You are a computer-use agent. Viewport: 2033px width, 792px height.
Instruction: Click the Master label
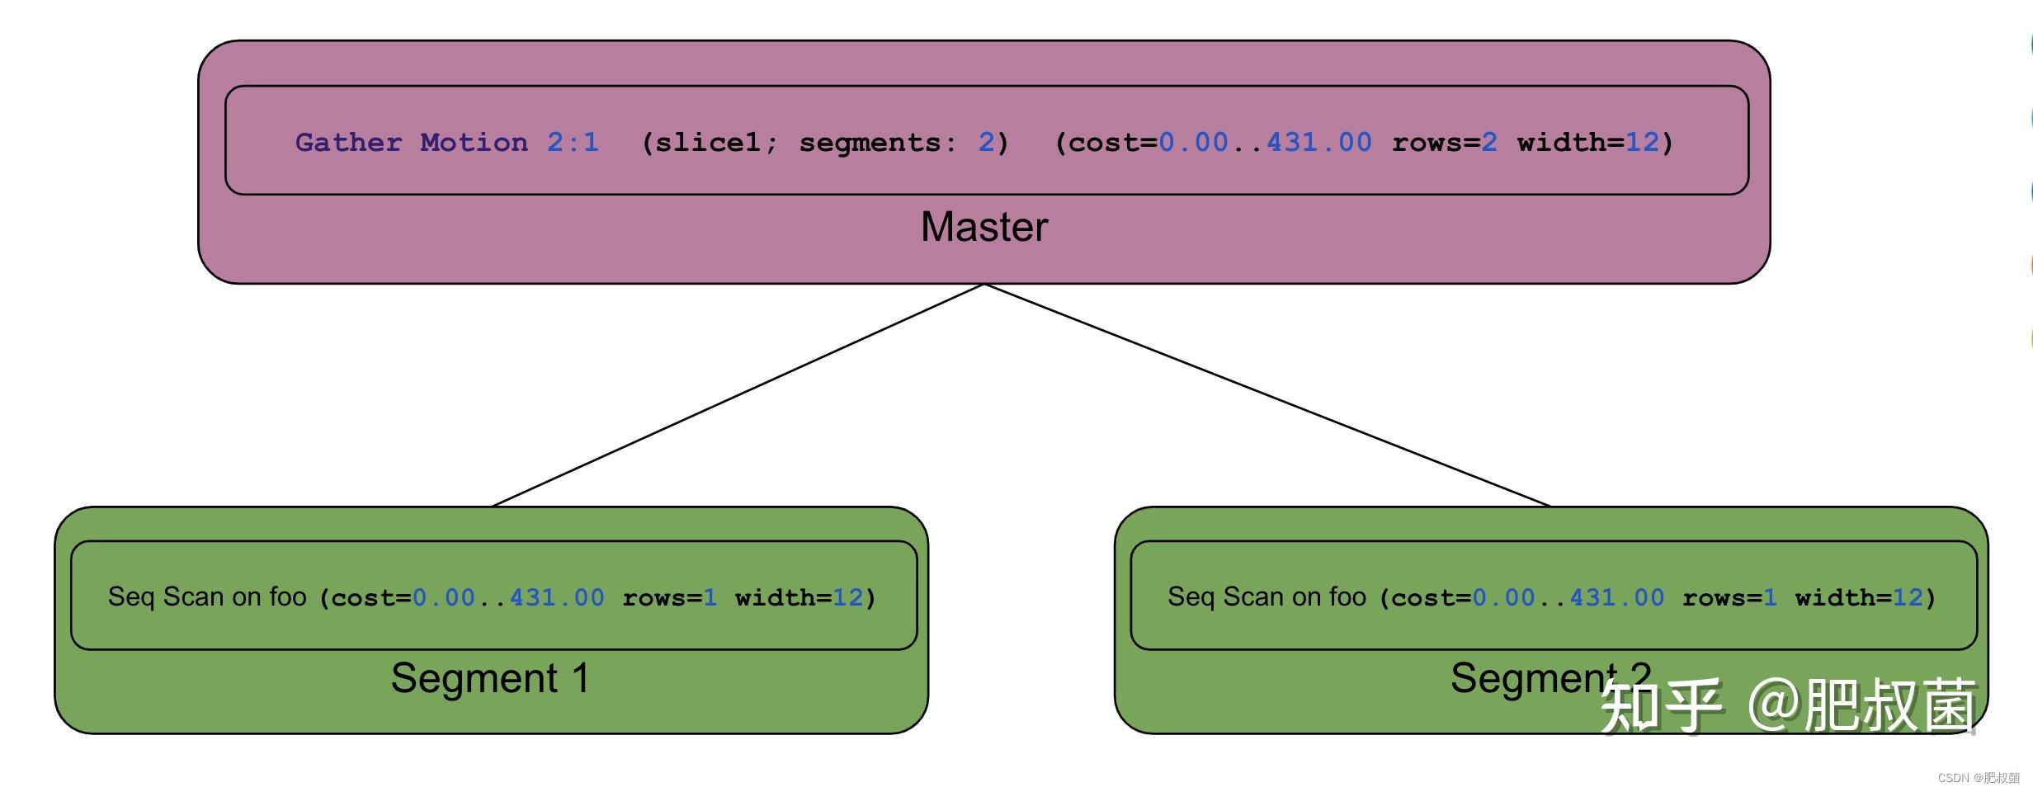point(983,227)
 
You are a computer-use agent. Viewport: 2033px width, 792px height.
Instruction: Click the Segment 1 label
point(490,678)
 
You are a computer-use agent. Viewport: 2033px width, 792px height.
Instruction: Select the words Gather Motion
point(411,143)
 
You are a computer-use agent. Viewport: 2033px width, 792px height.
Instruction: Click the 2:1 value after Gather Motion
point(573,143)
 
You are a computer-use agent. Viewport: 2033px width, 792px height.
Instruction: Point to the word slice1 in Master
point(707,143)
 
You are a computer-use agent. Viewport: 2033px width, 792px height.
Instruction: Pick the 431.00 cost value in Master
point(1318,143)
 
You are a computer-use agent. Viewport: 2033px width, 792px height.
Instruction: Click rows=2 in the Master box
point(1444,143)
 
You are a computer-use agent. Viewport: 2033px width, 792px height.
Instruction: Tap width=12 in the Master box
point(1587,143)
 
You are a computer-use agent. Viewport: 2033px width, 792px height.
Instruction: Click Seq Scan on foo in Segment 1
point(207,596)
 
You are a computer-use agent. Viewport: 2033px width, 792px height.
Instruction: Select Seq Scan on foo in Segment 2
point(1266,596)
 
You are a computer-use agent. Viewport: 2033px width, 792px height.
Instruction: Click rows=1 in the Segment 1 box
point(669,597)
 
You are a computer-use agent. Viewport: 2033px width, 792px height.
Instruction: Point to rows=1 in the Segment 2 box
point(1729,597)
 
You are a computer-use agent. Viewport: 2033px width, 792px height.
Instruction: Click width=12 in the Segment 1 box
point(799,597)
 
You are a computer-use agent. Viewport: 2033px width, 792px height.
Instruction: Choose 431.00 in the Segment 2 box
point(1616,597)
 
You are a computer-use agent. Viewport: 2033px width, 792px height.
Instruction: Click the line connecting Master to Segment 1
point(737,395)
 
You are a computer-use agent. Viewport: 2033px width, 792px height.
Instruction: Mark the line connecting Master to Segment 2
point(1267,395)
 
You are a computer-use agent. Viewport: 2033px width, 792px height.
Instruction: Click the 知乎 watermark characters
point(1660,705)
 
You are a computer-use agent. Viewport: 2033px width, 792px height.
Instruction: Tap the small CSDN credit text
point(1978,778)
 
